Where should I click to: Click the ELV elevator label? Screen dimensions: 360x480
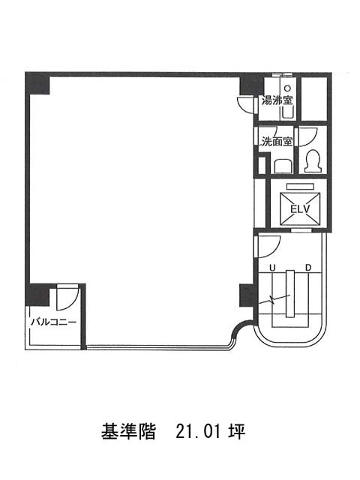(x=300, y=209)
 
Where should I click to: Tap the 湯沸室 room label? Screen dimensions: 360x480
(x=277, y=100)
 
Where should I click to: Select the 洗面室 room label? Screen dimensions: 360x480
(x=277, y=142)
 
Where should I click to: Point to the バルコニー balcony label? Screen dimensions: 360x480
(x=54, y=322)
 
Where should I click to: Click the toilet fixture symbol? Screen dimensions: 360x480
(x=313, y=160)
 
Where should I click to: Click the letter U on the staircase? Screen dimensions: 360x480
(x=272, y=268)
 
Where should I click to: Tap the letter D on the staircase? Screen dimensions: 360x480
(x=308, y=268)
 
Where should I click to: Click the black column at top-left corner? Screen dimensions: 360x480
(x=37, y=83)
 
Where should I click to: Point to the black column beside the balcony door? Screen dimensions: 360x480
(x=37, y=295)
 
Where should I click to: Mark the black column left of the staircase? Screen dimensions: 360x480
(x=247, y=295)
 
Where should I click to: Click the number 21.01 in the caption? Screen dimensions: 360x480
(x=199, y=432)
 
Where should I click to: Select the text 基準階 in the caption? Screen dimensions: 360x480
(x=128, y=432)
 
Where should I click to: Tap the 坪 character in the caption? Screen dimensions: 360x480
(x=236, y=432)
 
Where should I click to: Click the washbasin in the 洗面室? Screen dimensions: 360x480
(x=283, y=166)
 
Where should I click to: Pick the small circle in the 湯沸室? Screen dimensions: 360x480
(x=287, y=88)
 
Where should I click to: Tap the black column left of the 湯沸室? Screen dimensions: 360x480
(x=251, y=84)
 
